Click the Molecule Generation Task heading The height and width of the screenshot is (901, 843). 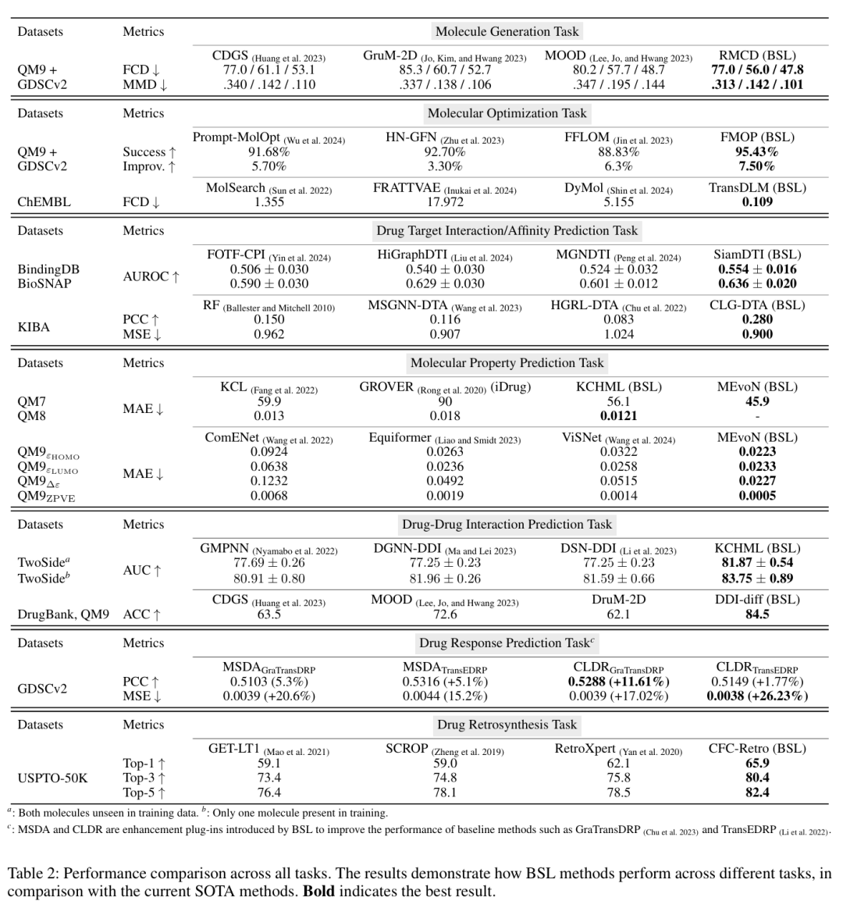click(507, 32)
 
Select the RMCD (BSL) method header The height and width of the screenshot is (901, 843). click(757, 55)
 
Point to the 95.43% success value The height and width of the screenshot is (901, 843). click(757, 151)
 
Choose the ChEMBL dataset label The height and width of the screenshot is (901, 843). click(44, 201)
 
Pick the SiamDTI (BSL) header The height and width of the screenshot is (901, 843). click(757, 255)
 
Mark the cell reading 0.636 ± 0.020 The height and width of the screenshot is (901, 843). click(757, 283)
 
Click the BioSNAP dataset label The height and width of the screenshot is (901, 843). click(44, 283)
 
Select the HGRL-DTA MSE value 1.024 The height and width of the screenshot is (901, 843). click(618, 334)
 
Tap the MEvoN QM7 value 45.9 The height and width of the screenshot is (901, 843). click(757, 401)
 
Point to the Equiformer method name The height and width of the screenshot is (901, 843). click(400, 438)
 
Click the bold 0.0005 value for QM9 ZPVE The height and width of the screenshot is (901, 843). click(757, 495)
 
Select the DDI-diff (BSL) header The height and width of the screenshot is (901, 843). click(757, 600)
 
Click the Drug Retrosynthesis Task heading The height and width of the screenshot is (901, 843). click(507, 725)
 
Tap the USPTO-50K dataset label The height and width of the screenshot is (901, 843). click(52, 778)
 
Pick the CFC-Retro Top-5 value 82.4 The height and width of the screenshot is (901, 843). click(757, 792)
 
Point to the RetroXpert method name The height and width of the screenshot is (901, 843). click(585, 750)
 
